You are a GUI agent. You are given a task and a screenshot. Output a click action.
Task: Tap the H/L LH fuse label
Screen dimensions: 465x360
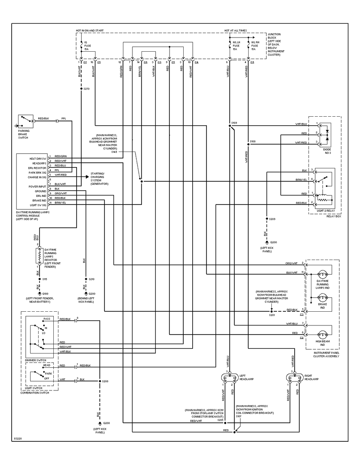(235, 45)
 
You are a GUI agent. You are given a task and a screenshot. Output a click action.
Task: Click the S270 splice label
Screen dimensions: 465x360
(86, 89)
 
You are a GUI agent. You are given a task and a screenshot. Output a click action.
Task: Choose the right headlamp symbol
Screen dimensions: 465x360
(294, 378)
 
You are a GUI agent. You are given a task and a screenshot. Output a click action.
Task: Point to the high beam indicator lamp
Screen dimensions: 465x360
(323, 335)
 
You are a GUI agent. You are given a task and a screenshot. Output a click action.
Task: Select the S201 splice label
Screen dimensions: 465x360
(271, 315)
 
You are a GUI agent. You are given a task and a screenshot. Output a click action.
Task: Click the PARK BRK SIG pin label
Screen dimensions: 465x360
(38, 172)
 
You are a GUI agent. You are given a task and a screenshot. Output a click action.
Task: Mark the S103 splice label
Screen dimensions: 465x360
(234, 123)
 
